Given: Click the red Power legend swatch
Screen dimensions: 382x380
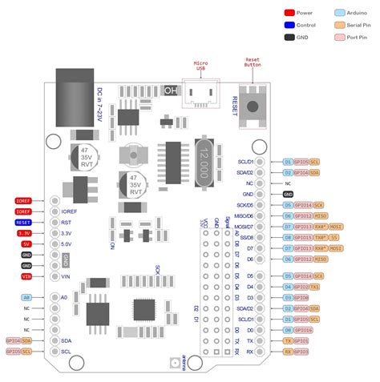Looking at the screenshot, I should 289,13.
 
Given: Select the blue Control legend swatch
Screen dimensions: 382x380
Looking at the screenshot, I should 289,25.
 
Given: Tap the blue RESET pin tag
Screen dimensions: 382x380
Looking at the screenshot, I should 23,222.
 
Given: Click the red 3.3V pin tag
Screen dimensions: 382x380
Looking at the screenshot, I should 24,233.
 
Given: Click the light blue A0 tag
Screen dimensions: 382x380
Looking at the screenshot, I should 26,297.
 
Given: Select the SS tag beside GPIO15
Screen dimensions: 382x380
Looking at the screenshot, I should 335,238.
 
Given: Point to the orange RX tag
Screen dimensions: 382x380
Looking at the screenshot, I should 288,351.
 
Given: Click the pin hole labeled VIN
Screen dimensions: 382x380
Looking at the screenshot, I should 55,276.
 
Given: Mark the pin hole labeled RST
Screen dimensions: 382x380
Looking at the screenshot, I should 55,223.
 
